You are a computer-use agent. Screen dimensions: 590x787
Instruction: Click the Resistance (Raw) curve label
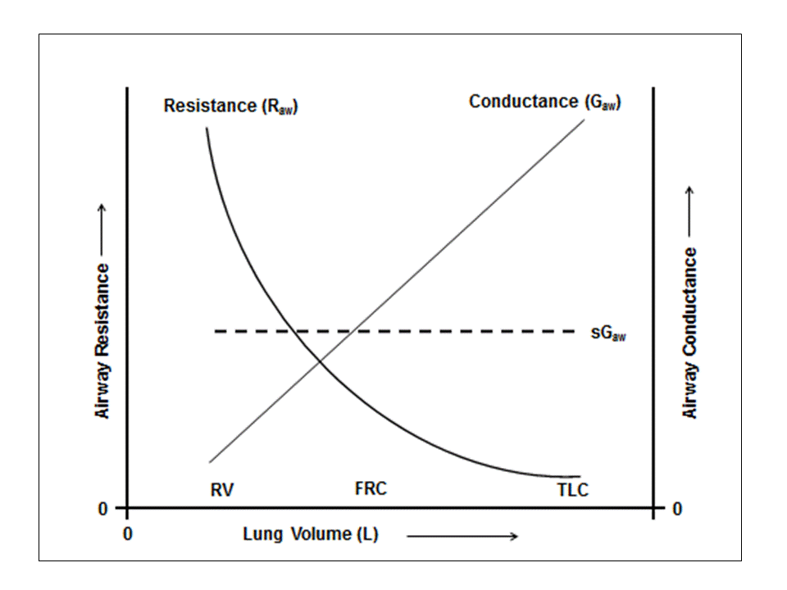click(x=230, y=107)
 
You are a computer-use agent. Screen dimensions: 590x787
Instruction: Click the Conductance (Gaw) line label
click(x=544, y=102)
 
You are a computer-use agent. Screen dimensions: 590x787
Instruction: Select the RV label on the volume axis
click(x=221, y=490)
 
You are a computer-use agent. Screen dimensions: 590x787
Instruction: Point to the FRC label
click(x=371, y=489)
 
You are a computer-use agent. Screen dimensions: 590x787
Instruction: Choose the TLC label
click(x=572, y=491)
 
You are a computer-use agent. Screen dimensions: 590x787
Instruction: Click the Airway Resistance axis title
click(x=103, y=340)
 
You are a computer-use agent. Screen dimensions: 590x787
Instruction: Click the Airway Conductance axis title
click(x=691, y=333)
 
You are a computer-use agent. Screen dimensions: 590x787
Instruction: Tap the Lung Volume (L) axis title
click(x=310, y=535)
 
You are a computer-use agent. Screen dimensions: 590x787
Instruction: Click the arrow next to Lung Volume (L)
click(x=462, y=536)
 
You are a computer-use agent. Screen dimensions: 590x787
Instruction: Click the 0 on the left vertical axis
click(x=103, y=509)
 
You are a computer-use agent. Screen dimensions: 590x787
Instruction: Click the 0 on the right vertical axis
click(x=677, y=509)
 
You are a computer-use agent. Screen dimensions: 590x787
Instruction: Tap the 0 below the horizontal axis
click(x=127, y=534)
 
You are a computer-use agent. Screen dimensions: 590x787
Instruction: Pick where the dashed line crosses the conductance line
click(x=351, y=331)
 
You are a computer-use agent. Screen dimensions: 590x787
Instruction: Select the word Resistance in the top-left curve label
click(x=210, y=107)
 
